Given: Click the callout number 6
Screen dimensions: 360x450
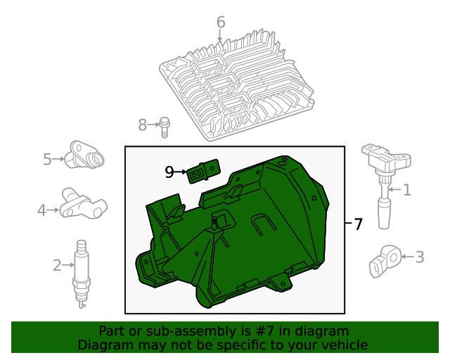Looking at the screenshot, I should pyautogui.click(x=220, y=23).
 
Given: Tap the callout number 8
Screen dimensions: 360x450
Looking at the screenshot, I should pyautogui.click(x=142, y=125).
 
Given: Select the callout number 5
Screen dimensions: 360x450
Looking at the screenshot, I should pyautogui.click(x=47, y=160).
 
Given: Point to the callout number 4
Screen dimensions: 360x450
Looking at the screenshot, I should pyautogui.click(x=41, y=210).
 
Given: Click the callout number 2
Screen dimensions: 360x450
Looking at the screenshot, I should pyautogui.click(x=57, y=265).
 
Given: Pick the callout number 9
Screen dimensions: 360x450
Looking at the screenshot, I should pyautogui.click(x=169, y=172).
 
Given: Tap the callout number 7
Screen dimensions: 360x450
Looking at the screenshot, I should pyautogui.click(x=358, y=225).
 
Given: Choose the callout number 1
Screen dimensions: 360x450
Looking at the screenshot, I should pyautogui.click(x=406, y=189).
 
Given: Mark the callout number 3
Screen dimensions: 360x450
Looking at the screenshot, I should pyautogui.click(x=419, y=257).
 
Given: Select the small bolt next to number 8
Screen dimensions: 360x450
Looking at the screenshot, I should pyautogui.click(x=164, y=127).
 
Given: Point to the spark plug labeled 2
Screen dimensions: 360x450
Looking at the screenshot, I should pyautogui.click(x=82, y=274).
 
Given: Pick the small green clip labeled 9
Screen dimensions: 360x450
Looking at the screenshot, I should pyautogui.click(x=202, y=171).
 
